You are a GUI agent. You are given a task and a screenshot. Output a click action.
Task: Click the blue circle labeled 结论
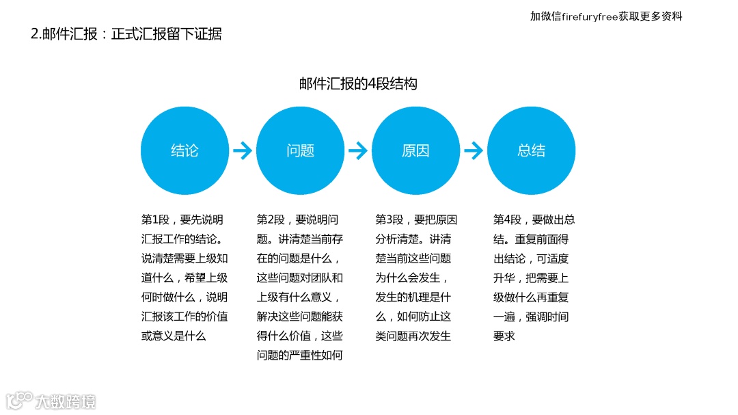(184, 151)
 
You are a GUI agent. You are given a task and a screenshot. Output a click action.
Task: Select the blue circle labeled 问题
(300, 151)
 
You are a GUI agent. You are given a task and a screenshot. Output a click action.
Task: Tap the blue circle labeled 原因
(415, 151)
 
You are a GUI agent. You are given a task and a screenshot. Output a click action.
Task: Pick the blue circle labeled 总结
(531, 151)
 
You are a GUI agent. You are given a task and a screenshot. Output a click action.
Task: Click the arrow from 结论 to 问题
(243, 151)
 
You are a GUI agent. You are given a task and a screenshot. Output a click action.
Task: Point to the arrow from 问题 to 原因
(358, 151)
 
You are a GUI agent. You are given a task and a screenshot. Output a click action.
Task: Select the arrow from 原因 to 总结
(474, 151)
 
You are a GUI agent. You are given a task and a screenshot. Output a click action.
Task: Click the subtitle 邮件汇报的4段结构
(358, 84)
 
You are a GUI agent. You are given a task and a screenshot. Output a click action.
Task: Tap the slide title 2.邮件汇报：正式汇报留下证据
(126, 34)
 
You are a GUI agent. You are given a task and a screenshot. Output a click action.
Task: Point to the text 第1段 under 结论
(155, 220)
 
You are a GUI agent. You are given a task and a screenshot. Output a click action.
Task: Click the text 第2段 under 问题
(271, 220)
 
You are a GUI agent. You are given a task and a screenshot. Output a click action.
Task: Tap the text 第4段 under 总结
(507, 220)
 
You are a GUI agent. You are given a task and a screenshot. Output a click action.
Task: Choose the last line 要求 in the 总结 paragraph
(504, 336)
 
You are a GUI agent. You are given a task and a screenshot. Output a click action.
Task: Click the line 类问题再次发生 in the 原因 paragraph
(413, 336)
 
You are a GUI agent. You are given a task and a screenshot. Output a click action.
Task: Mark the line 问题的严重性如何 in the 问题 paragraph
(299, 356)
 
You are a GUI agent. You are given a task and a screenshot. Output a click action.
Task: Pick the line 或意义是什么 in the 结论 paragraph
(174, 336)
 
